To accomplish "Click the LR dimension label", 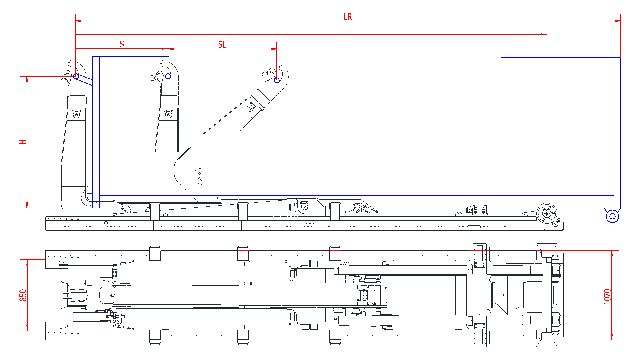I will tap(348, 17).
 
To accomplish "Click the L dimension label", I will tap(311, 30).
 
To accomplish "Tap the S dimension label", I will tap(122, 44).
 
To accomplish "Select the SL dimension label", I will tap(222, 45).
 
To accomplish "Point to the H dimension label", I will tap(23, 142).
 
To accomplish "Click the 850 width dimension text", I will tap(23, 295).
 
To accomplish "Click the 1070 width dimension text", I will tap(607, 297).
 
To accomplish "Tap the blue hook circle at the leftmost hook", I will tap(76, 76).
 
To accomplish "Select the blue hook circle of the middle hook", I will tap(168, 76).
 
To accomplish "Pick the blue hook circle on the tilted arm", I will tap(277, 80).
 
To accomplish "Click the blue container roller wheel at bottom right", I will tap(612, 216).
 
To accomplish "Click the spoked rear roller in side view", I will tap(547, 213).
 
